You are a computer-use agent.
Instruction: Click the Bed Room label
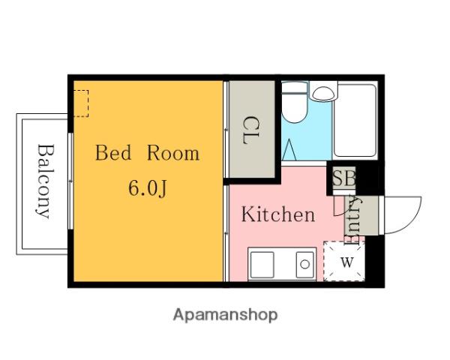[x=147, y=153]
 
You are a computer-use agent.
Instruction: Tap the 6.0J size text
[x=147, y=188]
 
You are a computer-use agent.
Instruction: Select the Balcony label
[x=45, y=181]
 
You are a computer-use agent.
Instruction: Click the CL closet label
[x=250, y=130]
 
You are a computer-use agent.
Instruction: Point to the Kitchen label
[x=277, y=214]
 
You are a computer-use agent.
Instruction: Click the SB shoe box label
[x=343, y=178]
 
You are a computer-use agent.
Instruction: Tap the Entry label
[x=353, y=220]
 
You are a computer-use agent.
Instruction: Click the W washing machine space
[x=344, y=261]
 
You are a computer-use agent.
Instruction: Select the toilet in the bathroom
[x=294, y=103]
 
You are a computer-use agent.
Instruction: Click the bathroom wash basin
[x=323, y=93]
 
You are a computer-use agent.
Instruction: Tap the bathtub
[x=355, y=121]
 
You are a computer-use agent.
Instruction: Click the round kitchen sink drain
[x=304, y=264]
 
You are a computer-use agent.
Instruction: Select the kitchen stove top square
[x=262, y=265]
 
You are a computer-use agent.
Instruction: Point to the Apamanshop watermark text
[x=225, y=315]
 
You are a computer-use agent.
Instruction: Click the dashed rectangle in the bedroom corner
[x=81, y=103]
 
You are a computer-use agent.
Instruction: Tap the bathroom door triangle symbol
[x=289, y=149]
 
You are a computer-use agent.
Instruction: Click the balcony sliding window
[x=70, y=181]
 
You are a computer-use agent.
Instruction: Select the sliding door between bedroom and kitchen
[x=226, y=233]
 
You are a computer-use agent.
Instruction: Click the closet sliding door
[x=226, y=130]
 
